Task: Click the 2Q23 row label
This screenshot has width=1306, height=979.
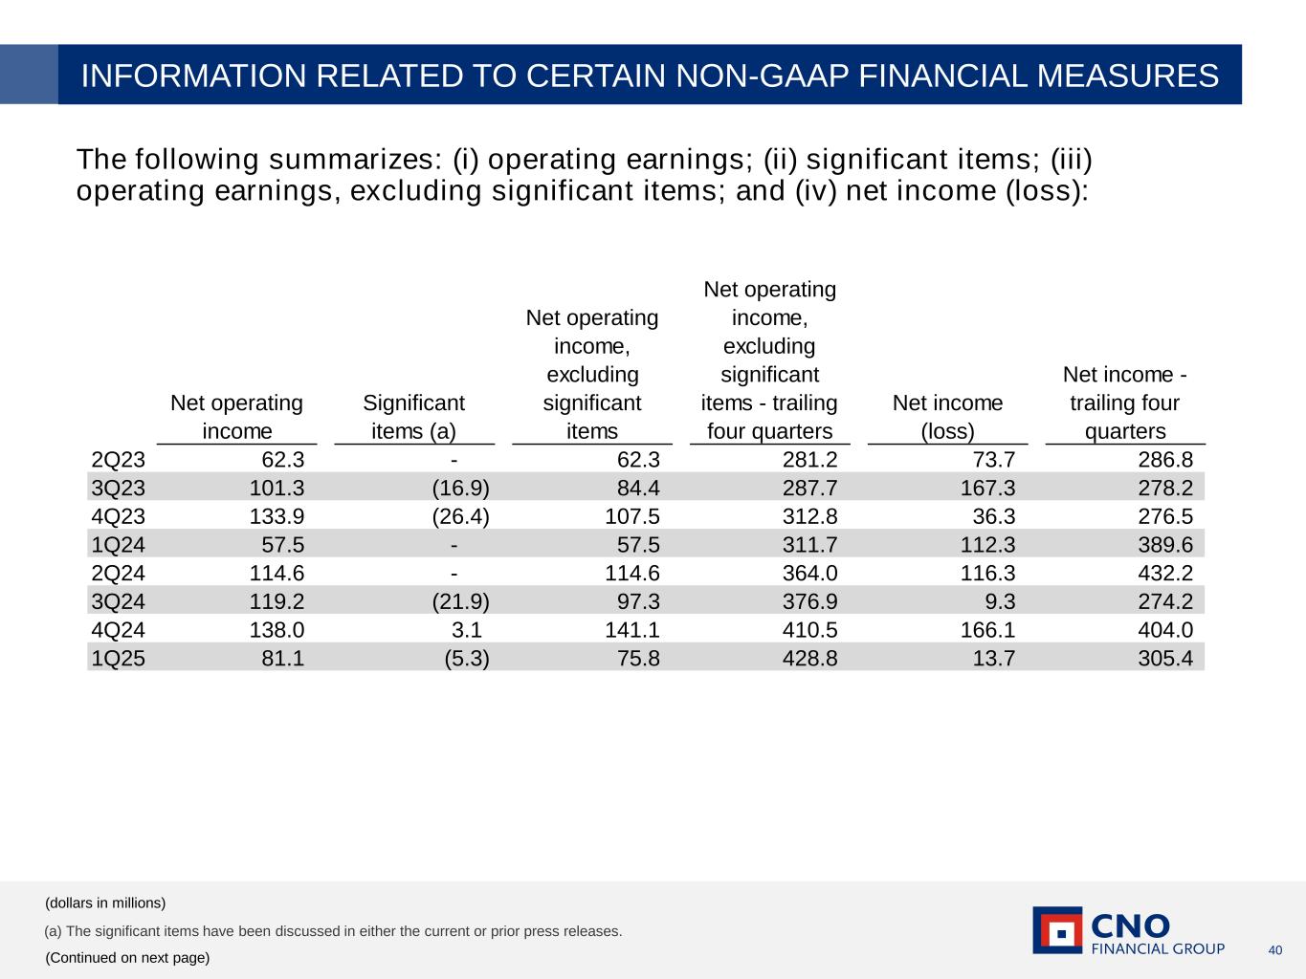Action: click(x=119, y=460)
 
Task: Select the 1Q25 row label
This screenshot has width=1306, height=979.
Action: click(x=119, y=658)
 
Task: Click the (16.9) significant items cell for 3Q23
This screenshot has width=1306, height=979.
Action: click(x=460, y=489)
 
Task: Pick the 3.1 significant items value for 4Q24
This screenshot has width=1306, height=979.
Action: click(x=466, y=629)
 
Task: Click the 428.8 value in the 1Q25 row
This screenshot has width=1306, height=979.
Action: click(x=809, y=658)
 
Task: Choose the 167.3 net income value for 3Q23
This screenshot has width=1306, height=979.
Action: click(x=988, y=489)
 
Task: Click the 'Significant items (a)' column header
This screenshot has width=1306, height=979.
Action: click(x=413, y=417)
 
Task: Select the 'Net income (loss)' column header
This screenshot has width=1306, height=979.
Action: click(x=947, y=417)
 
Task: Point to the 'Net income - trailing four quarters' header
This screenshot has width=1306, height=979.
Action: click(x=1124, y=402)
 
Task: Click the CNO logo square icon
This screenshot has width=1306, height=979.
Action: click(x=1057, y=930)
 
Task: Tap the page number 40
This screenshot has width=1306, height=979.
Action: click(x=1274, y=949)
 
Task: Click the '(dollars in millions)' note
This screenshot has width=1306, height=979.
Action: click(x=105, y=903)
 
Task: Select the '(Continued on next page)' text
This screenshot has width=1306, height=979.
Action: click(x=127, y=957)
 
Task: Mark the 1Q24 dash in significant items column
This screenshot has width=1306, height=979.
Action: click(x=454, y=545)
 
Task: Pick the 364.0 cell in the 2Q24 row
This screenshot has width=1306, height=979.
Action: click(x=809, y=573)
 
